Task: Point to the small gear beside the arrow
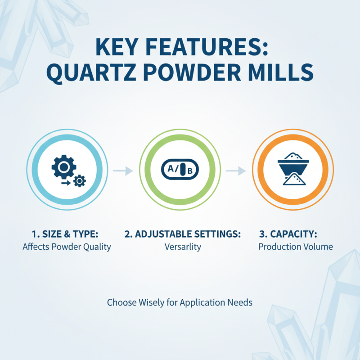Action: (x=80, y=180)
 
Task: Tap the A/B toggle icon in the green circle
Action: (x=180, y=171)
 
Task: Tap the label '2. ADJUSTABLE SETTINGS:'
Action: (x=182, y=234)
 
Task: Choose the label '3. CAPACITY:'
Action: (x=288, y=234)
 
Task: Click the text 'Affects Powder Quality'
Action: (x=67, y=247)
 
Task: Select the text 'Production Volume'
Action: (x=296, y=247)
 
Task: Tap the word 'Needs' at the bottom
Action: (x=241, y=302)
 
